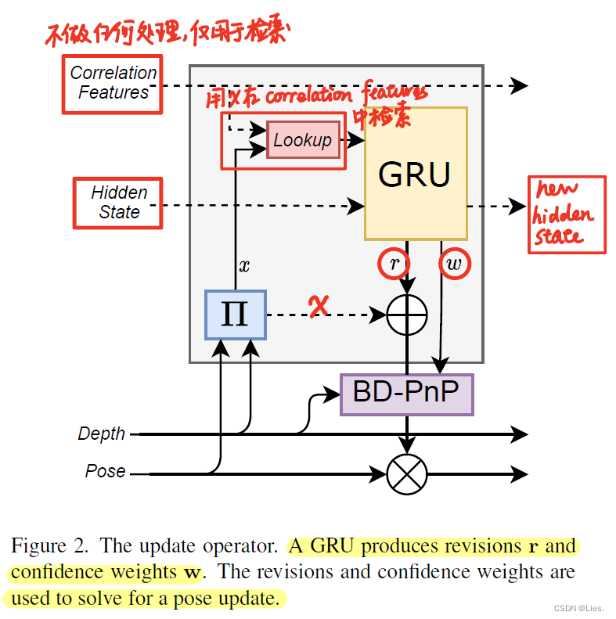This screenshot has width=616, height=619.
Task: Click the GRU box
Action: [416, 174]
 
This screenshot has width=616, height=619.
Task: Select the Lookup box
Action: [302, 140]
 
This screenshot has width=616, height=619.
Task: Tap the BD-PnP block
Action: [406, 394]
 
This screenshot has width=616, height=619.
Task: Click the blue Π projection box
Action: [236, 315]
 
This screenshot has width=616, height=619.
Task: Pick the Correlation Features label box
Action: [113, 83]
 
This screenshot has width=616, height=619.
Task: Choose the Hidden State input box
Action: [118, 203]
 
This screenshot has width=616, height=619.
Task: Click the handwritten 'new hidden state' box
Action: [567, 214]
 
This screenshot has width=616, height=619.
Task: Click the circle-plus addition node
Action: [407, 315]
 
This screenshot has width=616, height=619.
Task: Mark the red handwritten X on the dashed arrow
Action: [317, 308]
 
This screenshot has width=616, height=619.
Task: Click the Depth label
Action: [101, 434]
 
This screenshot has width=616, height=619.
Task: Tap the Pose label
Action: [105, 471]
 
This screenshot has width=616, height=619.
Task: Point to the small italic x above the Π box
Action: [245, 266]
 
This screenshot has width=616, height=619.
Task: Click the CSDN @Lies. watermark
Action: [575, 607]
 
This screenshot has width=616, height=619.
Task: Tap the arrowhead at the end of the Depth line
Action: [519, 434]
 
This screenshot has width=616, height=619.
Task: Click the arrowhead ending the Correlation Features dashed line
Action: [519, 85]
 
